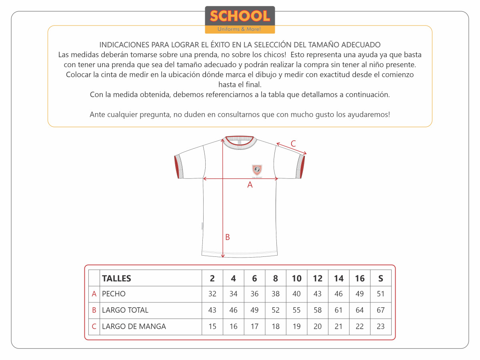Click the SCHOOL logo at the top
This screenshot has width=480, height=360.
pos(240,19)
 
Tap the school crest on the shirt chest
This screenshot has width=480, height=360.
pos(256,170)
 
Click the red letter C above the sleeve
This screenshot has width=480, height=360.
pos(293,144)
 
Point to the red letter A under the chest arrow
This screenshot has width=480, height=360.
pos(250,185)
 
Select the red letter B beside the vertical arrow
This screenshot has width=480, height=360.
pos(227,237)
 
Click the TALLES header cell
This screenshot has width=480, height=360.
pos(116,278)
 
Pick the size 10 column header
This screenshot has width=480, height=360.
pos(296,278)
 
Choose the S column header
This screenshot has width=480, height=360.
pos(380,278)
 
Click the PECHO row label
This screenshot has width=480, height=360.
pos(114,294)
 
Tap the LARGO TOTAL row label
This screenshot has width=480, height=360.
pos(125,310)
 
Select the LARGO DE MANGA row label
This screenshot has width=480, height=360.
pos(134,326)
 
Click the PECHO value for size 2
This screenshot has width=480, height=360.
pos(212,294)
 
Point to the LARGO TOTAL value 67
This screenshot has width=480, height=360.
pos(380,310)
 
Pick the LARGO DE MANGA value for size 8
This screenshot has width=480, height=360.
pos(276,326)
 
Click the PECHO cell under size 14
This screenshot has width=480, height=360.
pos(338,294)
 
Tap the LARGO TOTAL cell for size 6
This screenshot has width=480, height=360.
pos(254,310)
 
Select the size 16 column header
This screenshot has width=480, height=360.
pos(360,278)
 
